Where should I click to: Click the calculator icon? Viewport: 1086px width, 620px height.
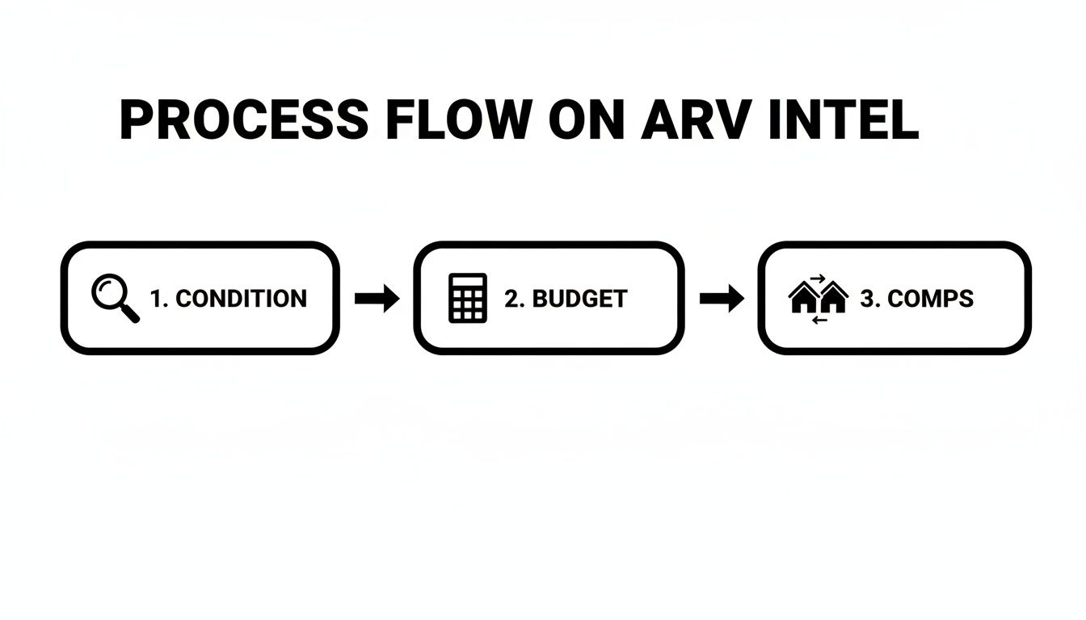467,298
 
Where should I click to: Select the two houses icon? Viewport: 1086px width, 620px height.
818,298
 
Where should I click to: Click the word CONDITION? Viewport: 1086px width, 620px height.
241,299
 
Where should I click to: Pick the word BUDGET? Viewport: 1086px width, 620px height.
579,299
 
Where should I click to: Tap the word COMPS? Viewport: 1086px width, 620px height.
930,299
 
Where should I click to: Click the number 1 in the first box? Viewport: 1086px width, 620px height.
157,299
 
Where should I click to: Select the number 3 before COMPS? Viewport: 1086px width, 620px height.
868,299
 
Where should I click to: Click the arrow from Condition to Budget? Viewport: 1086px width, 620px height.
377,299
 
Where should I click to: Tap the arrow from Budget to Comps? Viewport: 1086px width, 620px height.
721,299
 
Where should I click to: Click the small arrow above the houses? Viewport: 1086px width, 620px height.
817,279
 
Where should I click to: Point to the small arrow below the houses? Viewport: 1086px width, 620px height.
819,320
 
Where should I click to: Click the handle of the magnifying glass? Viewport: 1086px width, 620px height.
130,314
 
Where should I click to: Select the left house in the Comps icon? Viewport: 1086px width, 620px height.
803,300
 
